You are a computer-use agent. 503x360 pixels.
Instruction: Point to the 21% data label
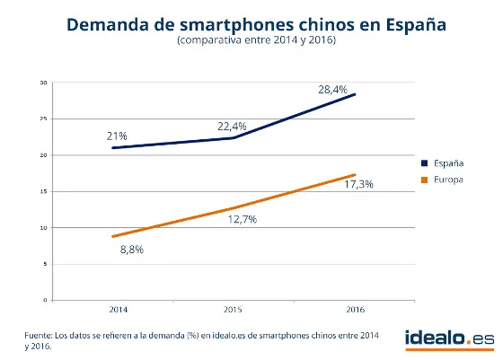[x=117, y=135]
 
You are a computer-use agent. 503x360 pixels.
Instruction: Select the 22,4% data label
[x=232, y=127]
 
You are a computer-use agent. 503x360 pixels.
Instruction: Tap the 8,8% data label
[x=132, y=250]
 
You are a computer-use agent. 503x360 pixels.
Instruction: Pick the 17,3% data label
[x=358, y=184]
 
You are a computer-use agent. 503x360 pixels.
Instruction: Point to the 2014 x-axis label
[x=117, y=310]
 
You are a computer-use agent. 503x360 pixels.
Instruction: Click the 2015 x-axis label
[x=232, y=310]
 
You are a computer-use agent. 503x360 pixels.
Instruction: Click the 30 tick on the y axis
[x=42, y=83]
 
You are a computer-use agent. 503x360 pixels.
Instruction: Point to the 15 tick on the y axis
[x=42, y=191]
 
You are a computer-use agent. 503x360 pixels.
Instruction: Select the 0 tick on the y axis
[x=44, y=299]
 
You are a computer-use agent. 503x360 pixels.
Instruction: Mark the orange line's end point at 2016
[x=356, y=174]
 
